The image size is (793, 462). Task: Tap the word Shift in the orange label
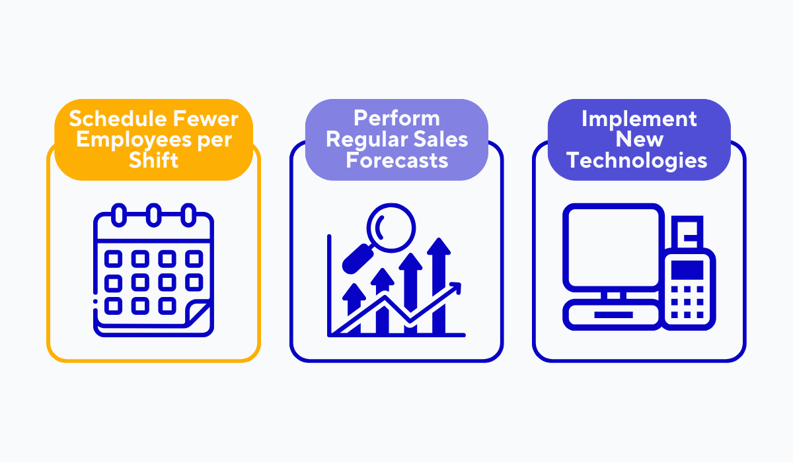[x=153, y=160]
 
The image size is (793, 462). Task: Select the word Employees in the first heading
[x=133, y=141]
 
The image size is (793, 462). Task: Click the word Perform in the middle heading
[x=397, y=118]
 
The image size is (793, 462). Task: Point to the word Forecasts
[x=397, y=160]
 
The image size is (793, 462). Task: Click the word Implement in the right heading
[x=639, y=119]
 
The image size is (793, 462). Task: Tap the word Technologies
[x=636, y=161]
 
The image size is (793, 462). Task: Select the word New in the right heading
[x=640, y=139]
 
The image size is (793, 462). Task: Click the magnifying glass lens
[x=391, y=228]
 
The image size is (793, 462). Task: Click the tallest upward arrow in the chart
[x=439, y=286]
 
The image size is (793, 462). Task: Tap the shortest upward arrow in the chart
[x=354, y=307]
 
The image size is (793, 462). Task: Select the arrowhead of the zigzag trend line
[x=456, y=287]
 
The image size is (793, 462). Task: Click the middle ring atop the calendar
[x=153, y=215]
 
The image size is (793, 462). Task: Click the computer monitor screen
[x=613, y=247]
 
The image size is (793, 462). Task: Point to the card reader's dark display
[x=687, y=270]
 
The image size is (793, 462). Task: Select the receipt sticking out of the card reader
[x=687, y=232]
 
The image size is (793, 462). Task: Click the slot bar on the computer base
[x=613, y=315]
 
